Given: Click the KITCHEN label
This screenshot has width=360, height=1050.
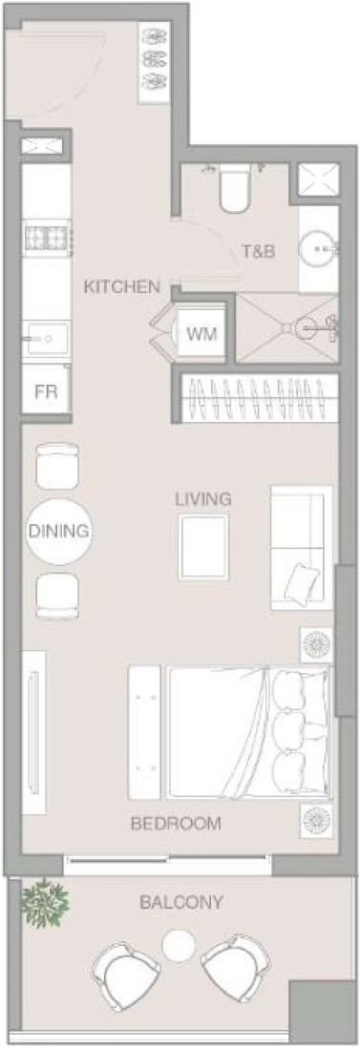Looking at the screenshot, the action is (121, 286).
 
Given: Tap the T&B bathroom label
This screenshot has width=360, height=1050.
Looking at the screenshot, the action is (259, 251).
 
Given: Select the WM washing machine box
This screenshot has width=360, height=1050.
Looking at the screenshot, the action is (201, 333).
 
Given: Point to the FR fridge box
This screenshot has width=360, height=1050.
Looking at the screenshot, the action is (46, 390).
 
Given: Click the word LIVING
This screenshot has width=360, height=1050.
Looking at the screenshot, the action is (203, 499).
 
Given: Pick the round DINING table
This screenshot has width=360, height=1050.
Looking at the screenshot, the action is (58, 532).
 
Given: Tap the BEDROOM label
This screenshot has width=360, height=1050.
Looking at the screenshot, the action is (176, 824).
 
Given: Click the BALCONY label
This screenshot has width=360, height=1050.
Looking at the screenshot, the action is (180, 903).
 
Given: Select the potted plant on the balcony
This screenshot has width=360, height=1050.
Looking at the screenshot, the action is (46, 903).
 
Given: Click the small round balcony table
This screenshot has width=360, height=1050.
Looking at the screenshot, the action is (179, 946).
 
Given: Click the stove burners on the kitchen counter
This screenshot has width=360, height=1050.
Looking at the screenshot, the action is (48, 237).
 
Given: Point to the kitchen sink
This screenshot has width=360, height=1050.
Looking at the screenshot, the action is (46, 338).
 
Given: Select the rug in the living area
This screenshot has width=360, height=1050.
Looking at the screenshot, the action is (203, 547).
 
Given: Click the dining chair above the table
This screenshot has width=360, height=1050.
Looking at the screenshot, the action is (57, 466).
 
